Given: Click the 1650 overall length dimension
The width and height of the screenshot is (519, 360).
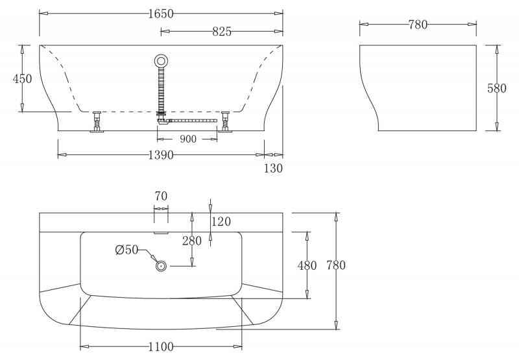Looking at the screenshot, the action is tap(161, 14).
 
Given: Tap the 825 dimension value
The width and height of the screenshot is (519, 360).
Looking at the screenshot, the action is tap(222, 31).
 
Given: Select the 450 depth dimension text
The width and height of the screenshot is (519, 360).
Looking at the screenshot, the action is tap(22, 78).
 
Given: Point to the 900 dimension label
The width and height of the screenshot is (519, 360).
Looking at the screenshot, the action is tap(188, 139).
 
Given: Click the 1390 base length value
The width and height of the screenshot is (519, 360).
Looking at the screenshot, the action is tap(161, 155).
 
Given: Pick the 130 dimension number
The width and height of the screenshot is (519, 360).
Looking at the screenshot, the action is tap(273, 169).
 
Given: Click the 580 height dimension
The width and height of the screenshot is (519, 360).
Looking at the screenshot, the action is tap(496, 88).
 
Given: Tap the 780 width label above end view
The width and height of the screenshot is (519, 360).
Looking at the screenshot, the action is tap(418, 25).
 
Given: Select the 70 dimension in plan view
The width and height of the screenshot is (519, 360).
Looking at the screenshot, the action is tap(161, 196).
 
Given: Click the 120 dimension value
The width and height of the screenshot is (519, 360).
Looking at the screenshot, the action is tap(221, 221).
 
